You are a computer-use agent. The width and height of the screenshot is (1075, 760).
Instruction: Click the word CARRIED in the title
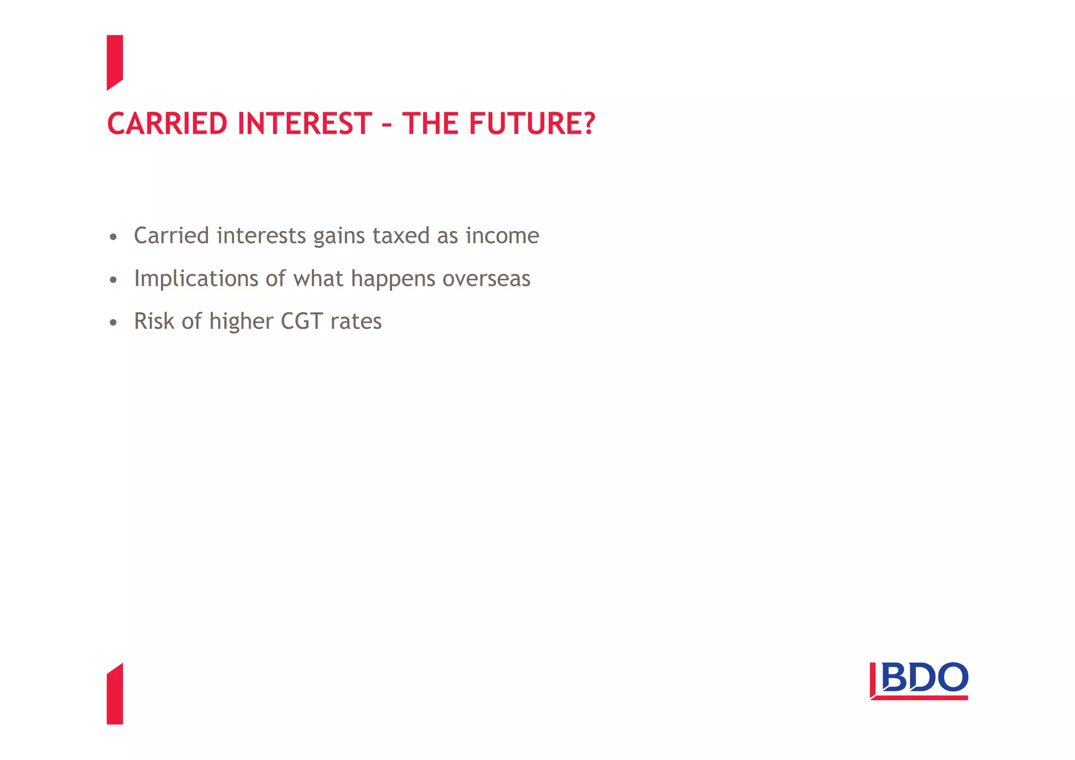pyautogui.click(x=167, y=124)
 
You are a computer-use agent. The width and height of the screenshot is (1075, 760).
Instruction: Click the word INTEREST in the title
pyautogui.click(x=304, y=124)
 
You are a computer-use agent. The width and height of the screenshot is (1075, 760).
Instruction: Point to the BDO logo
pyautogui.click(x=919, y=681)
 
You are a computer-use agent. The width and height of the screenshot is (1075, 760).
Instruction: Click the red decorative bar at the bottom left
pyautogui.click(x=114, y=695)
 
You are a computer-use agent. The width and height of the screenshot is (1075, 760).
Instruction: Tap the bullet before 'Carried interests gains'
pyautogui.click(x=113, y=238)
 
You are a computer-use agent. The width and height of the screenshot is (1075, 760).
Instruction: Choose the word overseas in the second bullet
pyautogui.click(x=486, y=279)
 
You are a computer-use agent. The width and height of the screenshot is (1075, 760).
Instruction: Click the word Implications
pyautogui.click(x=196, y=279)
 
